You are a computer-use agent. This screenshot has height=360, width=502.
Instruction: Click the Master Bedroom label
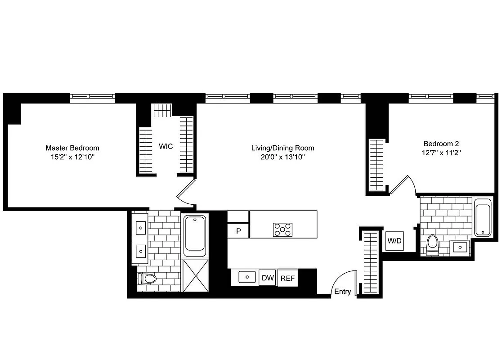pos(72,148)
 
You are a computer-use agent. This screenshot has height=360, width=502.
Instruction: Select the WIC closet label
pos(166,147)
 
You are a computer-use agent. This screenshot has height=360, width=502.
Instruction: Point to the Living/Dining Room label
pos(282,148)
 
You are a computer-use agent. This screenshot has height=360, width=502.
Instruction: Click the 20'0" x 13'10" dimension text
pos(282,157)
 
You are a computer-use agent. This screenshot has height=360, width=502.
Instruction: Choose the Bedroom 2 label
pos(441,144)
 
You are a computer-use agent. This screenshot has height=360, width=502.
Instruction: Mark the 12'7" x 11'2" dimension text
pos(441,153)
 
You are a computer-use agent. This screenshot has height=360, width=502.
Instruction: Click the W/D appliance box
pos(394,241)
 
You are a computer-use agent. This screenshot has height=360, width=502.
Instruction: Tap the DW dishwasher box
pos(268,278)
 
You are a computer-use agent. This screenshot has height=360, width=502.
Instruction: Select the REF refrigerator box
pos(288,278)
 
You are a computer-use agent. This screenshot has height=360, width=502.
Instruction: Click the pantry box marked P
pos(238,231)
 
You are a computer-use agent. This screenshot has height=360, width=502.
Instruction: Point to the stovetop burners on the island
pos(282,229)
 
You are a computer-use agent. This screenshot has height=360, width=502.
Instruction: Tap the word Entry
pos(342,292)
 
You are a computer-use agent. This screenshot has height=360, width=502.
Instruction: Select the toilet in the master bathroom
pos(147,279)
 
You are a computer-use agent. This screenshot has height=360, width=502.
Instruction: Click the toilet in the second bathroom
pos(432,244)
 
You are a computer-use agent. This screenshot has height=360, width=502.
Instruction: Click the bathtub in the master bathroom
pos(195,233)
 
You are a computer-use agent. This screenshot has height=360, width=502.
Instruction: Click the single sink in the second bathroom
pos(459,247)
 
